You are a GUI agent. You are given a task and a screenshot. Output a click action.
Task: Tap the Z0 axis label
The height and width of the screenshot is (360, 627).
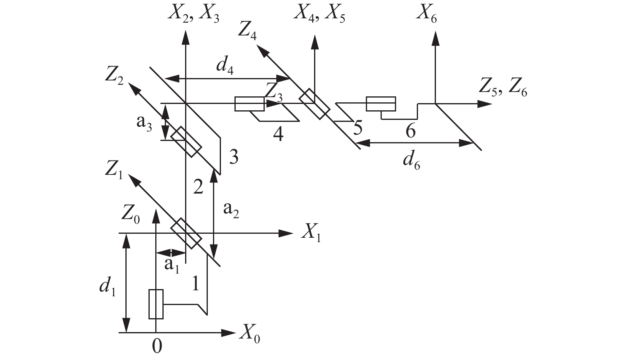coord(131,216)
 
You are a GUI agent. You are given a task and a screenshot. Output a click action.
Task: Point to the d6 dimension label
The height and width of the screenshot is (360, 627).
coord(411,161)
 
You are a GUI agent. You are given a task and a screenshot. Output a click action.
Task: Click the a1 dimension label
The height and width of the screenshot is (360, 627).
coord(172,264)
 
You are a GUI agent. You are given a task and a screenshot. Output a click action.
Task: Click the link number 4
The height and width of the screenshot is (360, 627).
coord(278,134)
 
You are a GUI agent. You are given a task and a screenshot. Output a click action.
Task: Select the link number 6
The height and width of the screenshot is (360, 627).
coord(410,131)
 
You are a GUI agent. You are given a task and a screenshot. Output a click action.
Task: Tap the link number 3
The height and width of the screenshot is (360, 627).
coord(234,158)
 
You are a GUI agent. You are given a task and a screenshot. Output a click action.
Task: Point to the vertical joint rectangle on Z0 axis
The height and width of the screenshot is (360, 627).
coord(156,304)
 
